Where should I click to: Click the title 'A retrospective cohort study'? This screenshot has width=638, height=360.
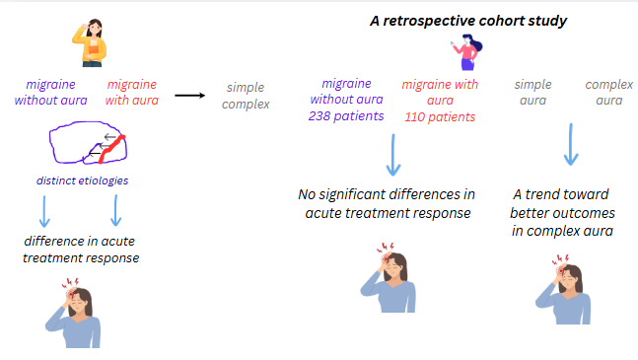[x=468, y=21]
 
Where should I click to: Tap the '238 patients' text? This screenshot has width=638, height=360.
[x=346, y=116]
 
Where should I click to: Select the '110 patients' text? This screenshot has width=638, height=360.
[x=440, y=117]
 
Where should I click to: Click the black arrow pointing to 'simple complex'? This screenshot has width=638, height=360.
[x=190, y=96]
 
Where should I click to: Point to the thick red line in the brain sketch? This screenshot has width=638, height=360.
[x=111, y=149]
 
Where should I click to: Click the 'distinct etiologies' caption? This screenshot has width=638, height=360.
[x=82, y=180]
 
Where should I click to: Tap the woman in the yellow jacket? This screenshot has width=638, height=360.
[x=91, y=42]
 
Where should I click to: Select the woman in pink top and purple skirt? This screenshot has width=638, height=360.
[x=467, y=52]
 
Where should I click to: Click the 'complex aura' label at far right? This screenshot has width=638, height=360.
[x=609, y=93]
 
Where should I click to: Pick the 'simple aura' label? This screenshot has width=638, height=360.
[x=533, y=93]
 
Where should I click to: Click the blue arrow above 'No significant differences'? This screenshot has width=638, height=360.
[x=393, y=155]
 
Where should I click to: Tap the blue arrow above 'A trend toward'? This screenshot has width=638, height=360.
[x=571, y=144]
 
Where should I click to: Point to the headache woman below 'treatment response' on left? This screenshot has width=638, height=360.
[x=73, y=314]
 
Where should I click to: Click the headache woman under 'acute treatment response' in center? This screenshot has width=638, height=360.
[x=389, y=278]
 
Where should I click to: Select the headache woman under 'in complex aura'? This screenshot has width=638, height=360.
[x=563, y=290]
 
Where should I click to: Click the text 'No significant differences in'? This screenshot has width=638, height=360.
[x=387, y=194]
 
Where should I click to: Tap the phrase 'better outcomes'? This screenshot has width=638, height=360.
[x=562, y=213]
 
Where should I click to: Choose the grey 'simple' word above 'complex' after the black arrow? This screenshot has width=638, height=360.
[x=246, y=88]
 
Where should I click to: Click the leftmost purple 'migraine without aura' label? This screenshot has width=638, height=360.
[x=51, y=93]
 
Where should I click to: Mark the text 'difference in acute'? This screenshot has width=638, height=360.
[x=79, y=242]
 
